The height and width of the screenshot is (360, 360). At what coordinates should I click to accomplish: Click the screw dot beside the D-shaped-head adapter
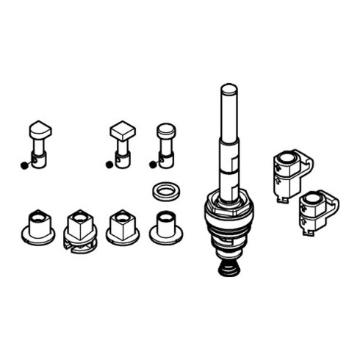pos(24,165)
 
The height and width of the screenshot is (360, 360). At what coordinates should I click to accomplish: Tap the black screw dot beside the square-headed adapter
pos(109,165)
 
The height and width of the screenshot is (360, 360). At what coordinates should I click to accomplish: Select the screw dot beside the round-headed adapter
pos(152,165)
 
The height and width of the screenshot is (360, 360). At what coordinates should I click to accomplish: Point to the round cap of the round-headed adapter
pos(166,131)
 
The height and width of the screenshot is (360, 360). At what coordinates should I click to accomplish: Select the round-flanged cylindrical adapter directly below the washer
pos(165,228)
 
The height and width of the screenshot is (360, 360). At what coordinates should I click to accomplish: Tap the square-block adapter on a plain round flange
pos(122,228)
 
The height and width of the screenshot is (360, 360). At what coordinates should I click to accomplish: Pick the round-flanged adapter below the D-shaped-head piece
pos(37,226)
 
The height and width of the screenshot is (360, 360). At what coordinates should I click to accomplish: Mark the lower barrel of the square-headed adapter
pos(123,157)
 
